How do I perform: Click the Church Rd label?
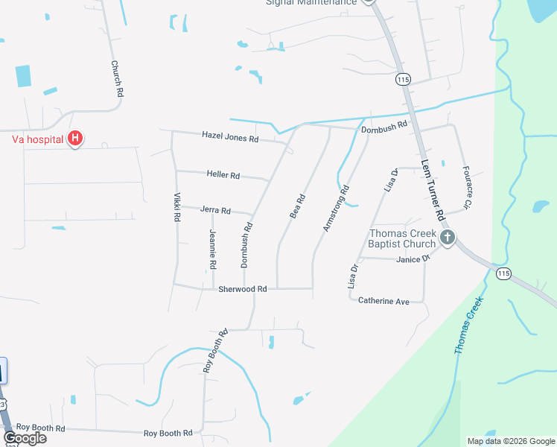[x=116, y=80]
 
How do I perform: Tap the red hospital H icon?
[x=74, y=138]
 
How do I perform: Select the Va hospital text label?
[x=36, y=139]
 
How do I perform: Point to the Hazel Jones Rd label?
[x=230, y=138]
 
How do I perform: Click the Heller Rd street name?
[x=223, y=176]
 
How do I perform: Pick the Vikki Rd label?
[x=177, y=208]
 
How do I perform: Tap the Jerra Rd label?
[x=215, y=211]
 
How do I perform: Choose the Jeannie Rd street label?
[x=213, y=250]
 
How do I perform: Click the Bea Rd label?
[x=298, y=206]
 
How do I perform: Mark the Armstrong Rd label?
[x=336, y=209]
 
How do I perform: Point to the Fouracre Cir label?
[x=468, y=187]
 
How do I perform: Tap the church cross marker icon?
[x=447, y=238]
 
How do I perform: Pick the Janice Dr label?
[x=413, y=259]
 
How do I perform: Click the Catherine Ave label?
[x=384, y=301]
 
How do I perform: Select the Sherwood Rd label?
[x=243, y=289]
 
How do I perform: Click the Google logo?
[x=25, y=437]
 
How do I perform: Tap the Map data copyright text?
[x=510, y=441]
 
